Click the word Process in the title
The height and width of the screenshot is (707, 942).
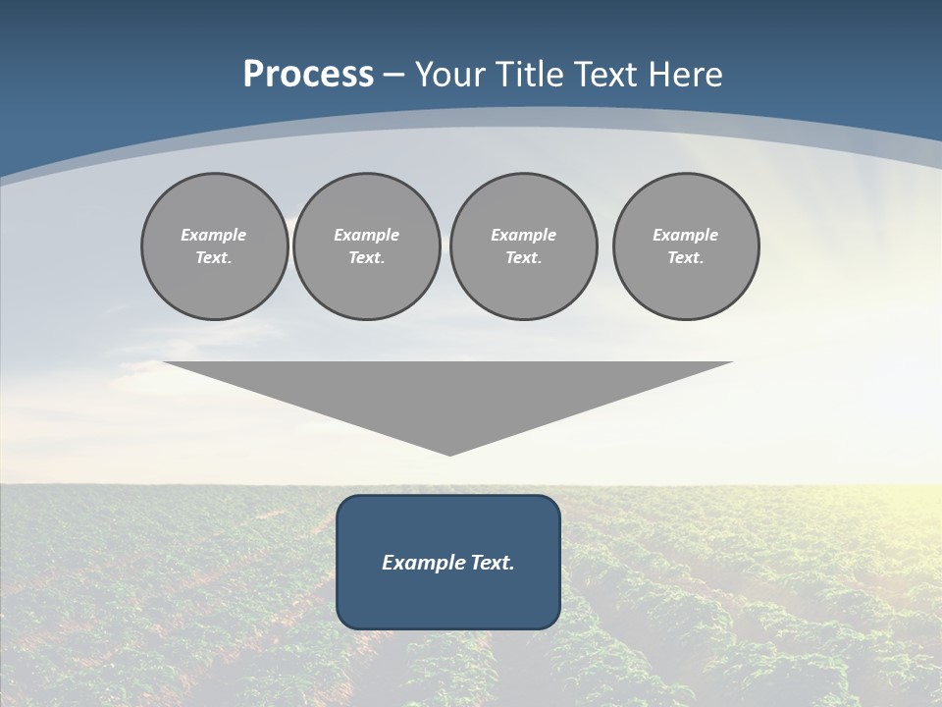pos(308,75)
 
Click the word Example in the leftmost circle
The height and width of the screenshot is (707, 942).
pos(213,235)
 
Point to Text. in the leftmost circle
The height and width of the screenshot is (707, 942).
pos(213,257)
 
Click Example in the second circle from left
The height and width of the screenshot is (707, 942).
pos(366,235)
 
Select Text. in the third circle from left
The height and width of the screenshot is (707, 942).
pos(523,257)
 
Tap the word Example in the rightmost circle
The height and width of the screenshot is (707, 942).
pos(685,235)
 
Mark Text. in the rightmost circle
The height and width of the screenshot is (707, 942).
pos(685,257)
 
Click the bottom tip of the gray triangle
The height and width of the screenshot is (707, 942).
pos(449,453)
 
